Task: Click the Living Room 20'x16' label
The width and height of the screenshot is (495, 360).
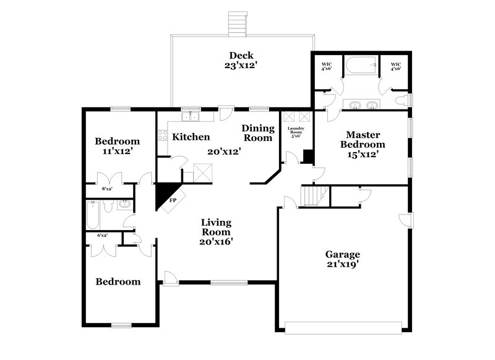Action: click(x=215, y=232)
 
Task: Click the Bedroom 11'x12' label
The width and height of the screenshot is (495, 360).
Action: click(x=117, y=145)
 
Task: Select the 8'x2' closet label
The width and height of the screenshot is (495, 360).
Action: click(x=108, y=189)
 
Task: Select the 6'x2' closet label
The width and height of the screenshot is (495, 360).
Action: click(x=103, y=236)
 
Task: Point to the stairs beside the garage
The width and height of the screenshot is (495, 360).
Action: click(x=313, y=196)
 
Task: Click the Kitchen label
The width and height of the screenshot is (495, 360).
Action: click(x=191, y=137)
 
